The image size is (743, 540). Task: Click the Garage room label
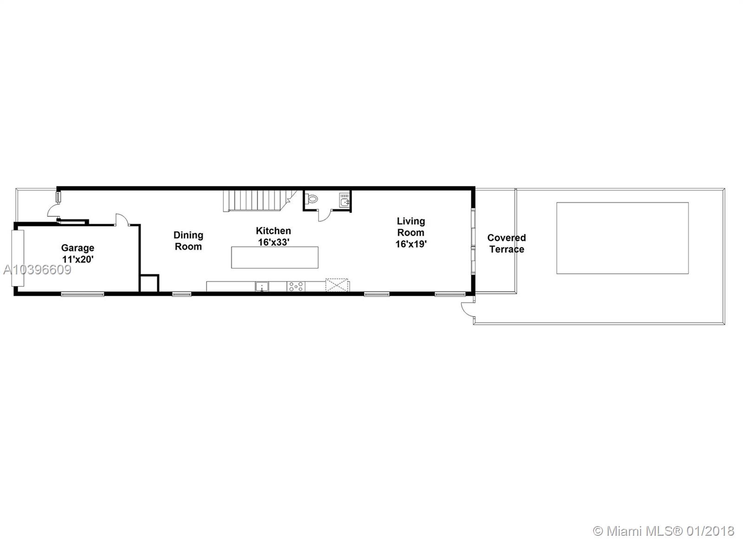(x=78, y=248)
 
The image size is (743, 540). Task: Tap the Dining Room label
(x=189, y=241)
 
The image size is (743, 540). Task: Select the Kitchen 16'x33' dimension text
(x=274, y=242)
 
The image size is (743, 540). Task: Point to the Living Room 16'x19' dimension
(x=411, y=244)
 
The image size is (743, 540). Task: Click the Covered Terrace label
(x=507, y=243)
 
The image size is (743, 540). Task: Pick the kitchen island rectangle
(x=274, y=257)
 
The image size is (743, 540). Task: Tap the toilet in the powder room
(x=312, y=199)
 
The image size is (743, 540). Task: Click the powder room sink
(x=344, y=200)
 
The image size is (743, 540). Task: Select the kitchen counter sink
(x=262, y=286)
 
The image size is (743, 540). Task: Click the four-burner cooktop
(x=296, y=286)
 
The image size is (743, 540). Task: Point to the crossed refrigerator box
(x=337, y=285)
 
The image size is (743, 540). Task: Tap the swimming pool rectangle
(x=623, y=238)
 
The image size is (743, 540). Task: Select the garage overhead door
(x=18, y=258)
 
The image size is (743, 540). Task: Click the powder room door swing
(x=325, y=215)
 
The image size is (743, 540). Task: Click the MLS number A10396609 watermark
(x=37, y=270)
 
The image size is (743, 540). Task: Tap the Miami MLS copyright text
(x=664, y=513)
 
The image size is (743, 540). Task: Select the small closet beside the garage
(x=149, y=283)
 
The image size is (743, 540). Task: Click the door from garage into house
(x=122, y=220)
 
